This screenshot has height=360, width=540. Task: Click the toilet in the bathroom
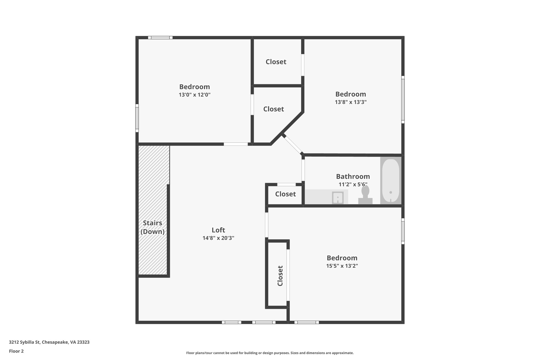(x=365, y=195)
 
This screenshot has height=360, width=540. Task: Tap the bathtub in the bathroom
(x=390, y=180)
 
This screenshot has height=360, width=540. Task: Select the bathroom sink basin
(x=337, y=198)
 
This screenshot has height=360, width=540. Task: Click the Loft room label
(x=218, y=230)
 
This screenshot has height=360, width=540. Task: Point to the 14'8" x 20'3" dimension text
(x=218, y=238)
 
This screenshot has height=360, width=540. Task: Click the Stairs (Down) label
(x=152, y=227)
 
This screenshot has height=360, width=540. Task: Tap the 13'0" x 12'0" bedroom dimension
(x=195, y=95)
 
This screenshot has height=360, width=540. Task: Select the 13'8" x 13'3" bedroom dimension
(x=351, y=102)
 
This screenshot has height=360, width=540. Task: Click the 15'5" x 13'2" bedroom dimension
(x=342, y=266)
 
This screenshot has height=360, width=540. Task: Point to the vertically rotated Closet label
(x=280, y=276)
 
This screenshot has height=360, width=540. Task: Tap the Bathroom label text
(x=353, y=176)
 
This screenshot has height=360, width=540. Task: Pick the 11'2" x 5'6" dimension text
(x=353, y=184)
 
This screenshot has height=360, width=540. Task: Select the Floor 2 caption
(x=16, y=351)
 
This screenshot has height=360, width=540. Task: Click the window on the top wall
(x=160, y=38)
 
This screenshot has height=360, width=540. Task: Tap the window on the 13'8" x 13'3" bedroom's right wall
(x=403, y=100)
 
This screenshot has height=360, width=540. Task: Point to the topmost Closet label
(x=276, y=62)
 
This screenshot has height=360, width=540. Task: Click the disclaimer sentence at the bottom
(x=270, y=353)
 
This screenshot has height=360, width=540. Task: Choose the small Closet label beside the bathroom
(x=285, y=194)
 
